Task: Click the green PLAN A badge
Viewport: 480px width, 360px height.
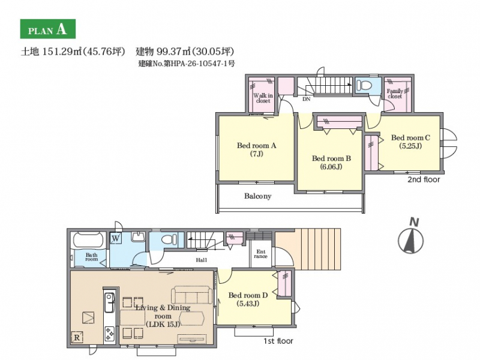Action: pos(48,29)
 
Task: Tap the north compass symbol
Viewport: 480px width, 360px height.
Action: pos(411,236)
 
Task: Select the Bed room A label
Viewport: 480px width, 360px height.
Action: pos(257,149)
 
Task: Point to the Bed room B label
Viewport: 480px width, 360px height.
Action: pos(331,163)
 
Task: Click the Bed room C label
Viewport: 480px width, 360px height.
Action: pos(410,142)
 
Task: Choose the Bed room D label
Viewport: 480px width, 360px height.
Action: pos(248,299)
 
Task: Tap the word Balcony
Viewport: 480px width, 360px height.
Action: pos(258,196)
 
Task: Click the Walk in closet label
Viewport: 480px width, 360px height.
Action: pos(263,98)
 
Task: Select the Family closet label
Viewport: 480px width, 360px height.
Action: pos(395,94)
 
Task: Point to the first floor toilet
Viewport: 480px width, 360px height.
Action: pos(169,239)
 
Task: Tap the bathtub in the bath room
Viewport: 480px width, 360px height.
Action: pos(88,241)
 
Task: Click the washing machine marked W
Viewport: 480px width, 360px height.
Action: pos(115,238)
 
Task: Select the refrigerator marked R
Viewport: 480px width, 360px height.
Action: pos(77,337)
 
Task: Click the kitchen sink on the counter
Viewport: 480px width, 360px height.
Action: pos(109,302)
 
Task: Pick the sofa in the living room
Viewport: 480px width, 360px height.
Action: pos(191,295)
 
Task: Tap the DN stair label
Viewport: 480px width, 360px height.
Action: pos(307,99)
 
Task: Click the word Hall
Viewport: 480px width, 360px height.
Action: pos(201,260)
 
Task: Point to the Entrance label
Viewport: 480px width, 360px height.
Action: pos(260,254)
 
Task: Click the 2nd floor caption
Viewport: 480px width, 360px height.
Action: pos(424,179)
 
